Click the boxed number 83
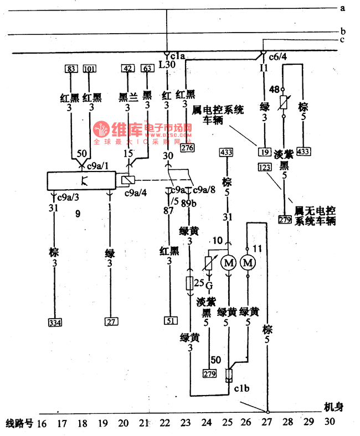[x=70, y=69]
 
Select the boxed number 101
[x=89, y=69]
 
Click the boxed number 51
[x=169, y=320]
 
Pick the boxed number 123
[x=265, y=166]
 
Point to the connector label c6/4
[x=278, y=57]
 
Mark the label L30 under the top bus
[x=166, y=65]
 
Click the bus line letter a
[x=343, y=8]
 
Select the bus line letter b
[x=343, y=30]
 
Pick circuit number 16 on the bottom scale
[x=42, y=424]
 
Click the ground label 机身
[x=333, y=407]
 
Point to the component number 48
[x=274, y=90]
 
